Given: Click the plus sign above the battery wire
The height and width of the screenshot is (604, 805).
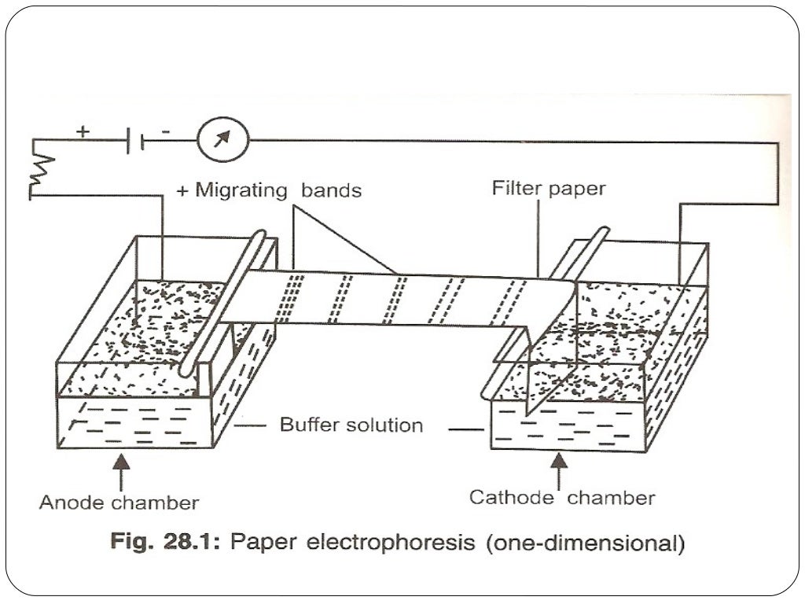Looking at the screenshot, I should pyautogui.click(x=83, y=131).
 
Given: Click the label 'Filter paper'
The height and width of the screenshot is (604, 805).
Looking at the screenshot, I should pyautogui.click(x=549, y=189).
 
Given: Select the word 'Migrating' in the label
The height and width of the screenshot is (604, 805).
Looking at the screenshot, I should pyautogui.click(x=240, y=190).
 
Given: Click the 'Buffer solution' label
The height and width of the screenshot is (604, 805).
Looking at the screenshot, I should pyautogui.click(x=351, y=425).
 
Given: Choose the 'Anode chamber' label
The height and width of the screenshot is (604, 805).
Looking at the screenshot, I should pyautogui.click(x=119, y=502).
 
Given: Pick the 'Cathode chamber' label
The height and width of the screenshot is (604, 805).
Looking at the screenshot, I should pyautogui.click(x=561, y=498).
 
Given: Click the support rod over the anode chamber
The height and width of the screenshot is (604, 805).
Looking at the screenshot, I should pyautogui.click(x=222, y=303).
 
